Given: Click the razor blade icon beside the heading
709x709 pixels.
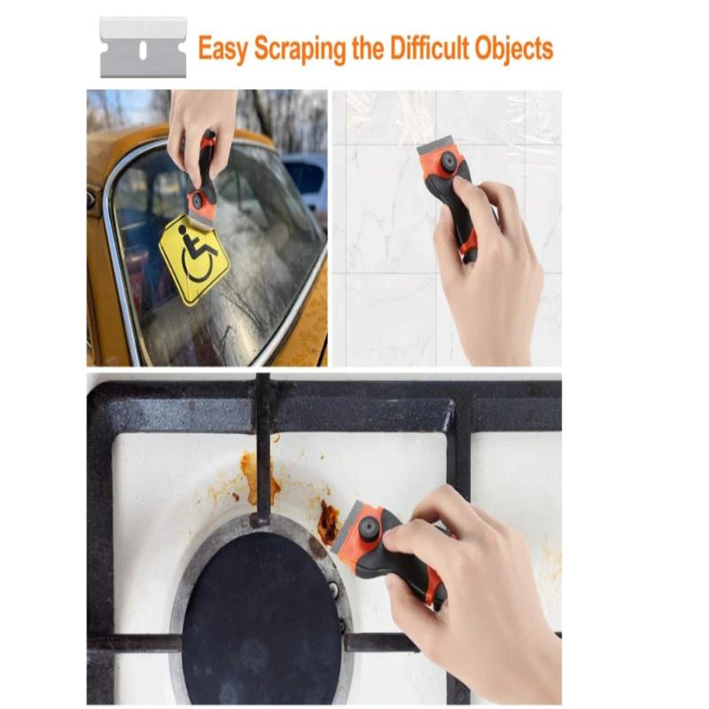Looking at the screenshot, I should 143,47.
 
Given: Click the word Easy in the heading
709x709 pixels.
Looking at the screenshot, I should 222,49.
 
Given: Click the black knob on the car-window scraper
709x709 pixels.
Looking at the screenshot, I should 196,201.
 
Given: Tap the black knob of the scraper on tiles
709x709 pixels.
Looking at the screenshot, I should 449,162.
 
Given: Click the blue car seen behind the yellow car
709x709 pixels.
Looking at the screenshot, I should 306,177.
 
